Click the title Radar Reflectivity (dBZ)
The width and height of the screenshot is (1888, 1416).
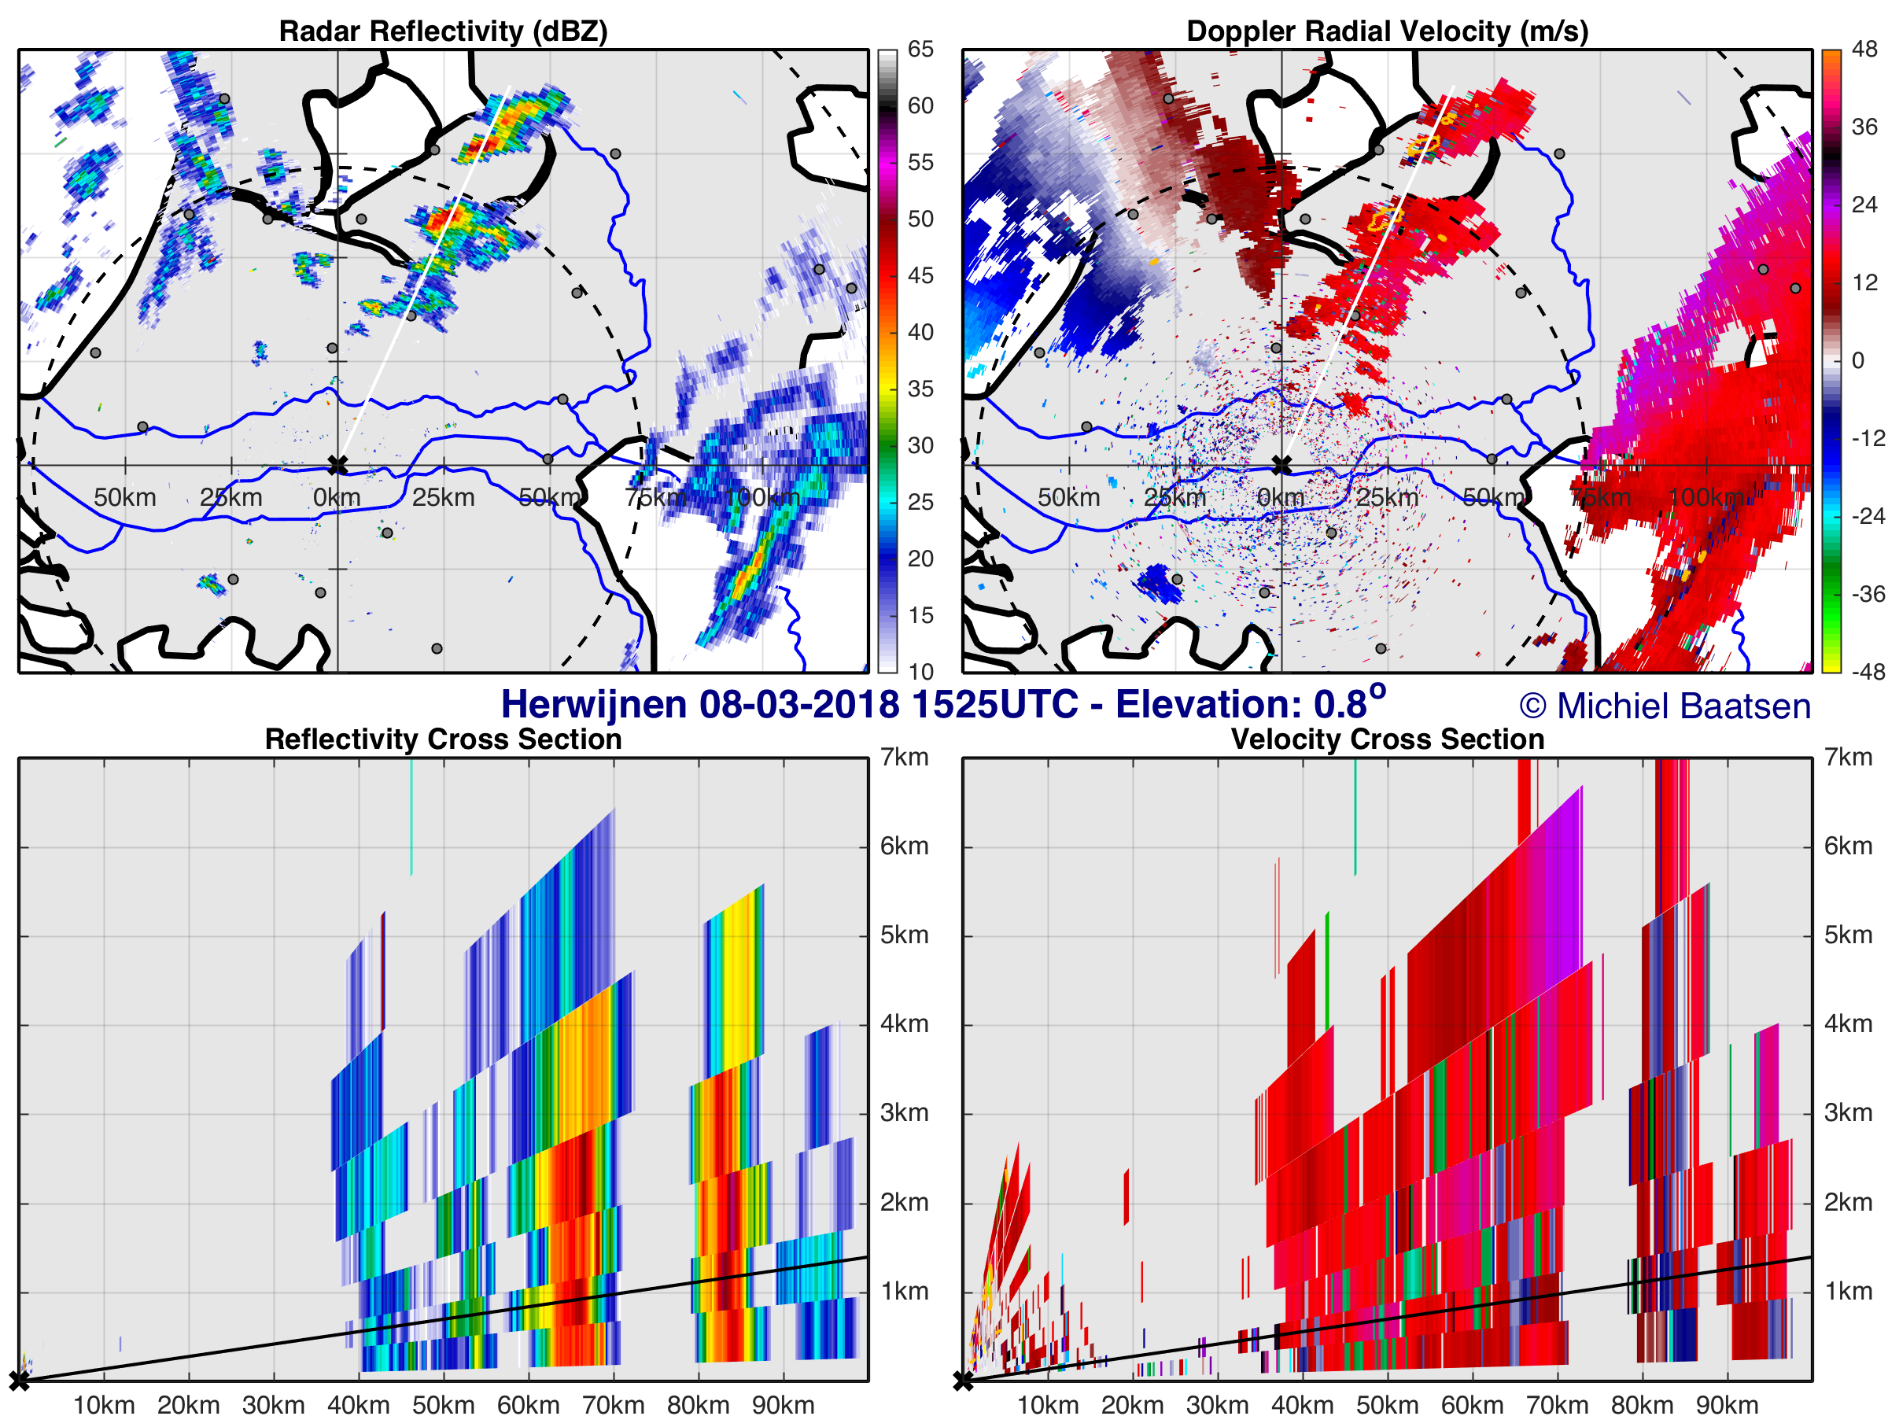pyautogui.click(x=443, y=31)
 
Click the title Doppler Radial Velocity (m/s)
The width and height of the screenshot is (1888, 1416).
pyautogui.click(x=1387, y=31)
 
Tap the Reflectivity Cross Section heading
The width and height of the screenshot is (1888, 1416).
pyautogui.click(x=443, y=739)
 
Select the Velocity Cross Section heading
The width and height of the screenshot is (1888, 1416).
pyautogui.click(x=1387, y=739)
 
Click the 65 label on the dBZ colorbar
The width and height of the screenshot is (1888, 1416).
pyautogui.click(x=920, y=50)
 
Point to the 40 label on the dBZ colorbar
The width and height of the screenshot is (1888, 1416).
pyautogui.click(x=920, y=332)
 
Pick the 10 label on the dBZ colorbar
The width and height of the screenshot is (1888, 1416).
pyautogui.click(x=920, y=672)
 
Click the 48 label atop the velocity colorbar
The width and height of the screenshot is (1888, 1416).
pyautogui.click(x=1864, y=50)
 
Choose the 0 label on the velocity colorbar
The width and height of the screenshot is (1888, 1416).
pyautogui.click(x=1857, y=360)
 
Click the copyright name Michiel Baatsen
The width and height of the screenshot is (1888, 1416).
pyautogui.click(x=1683, y=706)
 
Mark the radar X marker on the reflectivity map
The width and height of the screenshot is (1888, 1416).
pyautogui.click(x=338, y=465)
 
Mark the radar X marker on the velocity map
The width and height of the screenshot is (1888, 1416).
pyautogui.click(x=1282, y=465)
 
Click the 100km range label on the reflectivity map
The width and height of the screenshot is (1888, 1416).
pyautogui.click(x=762, y=498)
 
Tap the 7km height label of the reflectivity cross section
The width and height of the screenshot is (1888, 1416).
pyautogui.click(x=904, y=757)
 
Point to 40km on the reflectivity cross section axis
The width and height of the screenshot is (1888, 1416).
pyautogui.click(x=359, y=1405)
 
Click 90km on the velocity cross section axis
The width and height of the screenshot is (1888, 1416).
pyautogui.click(x=1727, y=1405)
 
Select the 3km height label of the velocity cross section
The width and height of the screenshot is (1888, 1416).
pyautogui.click(x=1848, y=1113)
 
